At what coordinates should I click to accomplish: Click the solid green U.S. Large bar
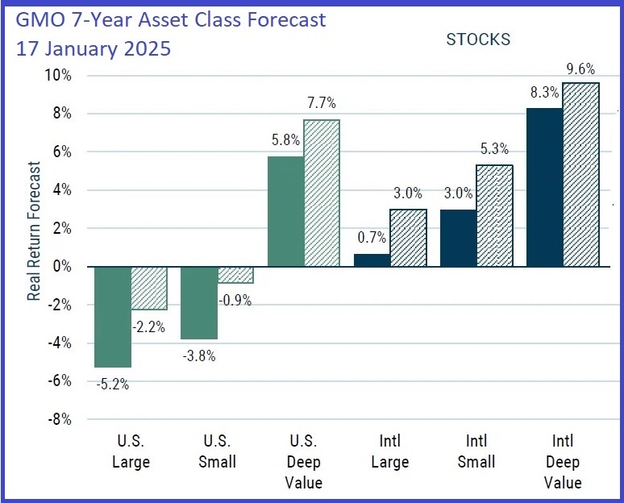pyautogui.click(x=113, y=316)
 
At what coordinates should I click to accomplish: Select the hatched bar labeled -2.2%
pyautogui.click(x=149, y=288)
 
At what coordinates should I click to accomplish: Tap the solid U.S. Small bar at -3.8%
pyautogui.click(x=199, y=302)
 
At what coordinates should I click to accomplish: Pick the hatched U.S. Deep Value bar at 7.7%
pyautogui.click(x=322, y=193)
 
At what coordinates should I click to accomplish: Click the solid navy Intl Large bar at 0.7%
pyautogui.click(x=372, y=260)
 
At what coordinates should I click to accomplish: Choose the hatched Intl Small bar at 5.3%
pyautogui.click(x=494, y=215)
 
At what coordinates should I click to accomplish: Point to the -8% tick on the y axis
pyautogui.click(x=59, y=419)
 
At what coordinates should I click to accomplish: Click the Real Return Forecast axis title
pyautogui.click(x=34, y=231)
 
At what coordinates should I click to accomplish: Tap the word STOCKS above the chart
pyautogui.click(x=478, y=39)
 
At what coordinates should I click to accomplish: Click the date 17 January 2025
pyautogui.click(x=94, y=48)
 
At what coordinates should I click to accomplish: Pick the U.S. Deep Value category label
pyautogui.click(x=304, y=462)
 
